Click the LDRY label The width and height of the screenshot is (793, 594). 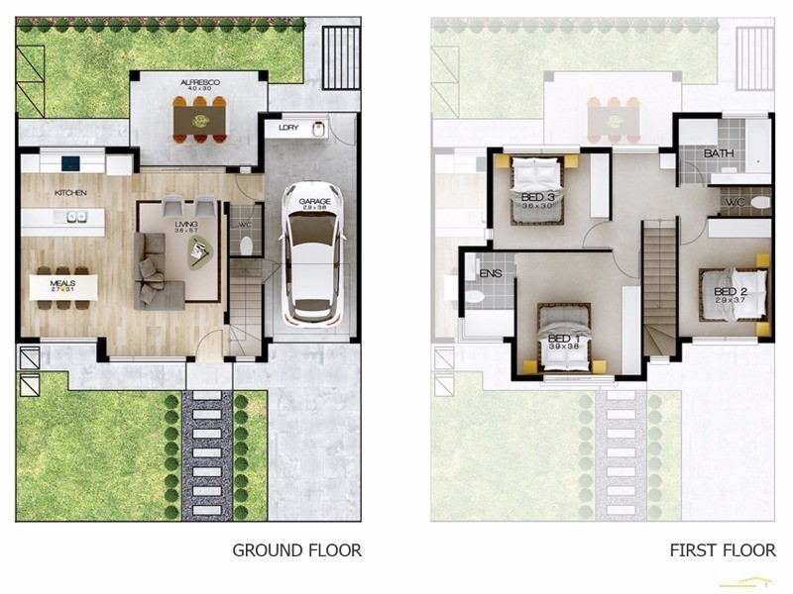tap(288, 128)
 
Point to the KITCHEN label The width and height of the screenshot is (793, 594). tap(70, 192)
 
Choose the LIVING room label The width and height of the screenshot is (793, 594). tap(186, 225)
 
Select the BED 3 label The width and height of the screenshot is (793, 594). tap(536, 197)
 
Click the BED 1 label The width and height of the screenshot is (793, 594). tap(564, 338)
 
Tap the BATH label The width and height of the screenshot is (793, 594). tap(719, 153)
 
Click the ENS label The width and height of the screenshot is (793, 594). tap(490, 273)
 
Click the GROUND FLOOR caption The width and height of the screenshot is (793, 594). tap(296, 549)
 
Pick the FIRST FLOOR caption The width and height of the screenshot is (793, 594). tap(722, 549)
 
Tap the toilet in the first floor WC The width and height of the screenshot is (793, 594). tap(758, 202)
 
